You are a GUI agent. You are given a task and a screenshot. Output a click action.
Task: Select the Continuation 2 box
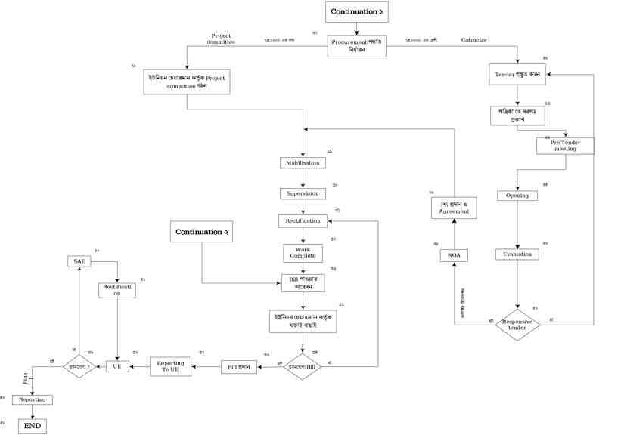[202, 232]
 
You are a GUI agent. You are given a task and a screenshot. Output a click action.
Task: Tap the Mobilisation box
[303, 162]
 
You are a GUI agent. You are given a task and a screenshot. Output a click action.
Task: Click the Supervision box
[303, 193]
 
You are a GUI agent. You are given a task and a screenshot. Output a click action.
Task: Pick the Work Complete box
[303, 252]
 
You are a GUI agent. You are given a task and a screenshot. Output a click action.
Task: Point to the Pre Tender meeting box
[565, 145]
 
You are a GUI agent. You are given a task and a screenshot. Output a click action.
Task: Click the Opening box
[517, 196]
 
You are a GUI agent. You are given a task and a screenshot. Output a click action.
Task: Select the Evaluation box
[517, 254]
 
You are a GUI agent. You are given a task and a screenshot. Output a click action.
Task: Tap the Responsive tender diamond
[517, 324]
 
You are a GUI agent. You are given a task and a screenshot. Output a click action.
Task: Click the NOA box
[454, 256]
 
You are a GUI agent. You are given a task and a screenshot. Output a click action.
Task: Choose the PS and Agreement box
[454, 208]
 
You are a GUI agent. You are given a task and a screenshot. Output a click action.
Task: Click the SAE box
[79, 261]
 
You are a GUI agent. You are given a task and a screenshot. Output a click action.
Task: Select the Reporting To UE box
[171, 366]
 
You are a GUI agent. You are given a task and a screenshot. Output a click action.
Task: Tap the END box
[33, 427]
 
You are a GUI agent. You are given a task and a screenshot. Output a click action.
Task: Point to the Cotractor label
[474, 39]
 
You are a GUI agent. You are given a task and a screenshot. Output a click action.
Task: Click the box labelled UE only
[116, 366]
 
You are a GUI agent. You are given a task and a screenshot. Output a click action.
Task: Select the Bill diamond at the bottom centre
[303, 366]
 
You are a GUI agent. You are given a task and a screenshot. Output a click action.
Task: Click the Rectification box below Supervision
[303, 221]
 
